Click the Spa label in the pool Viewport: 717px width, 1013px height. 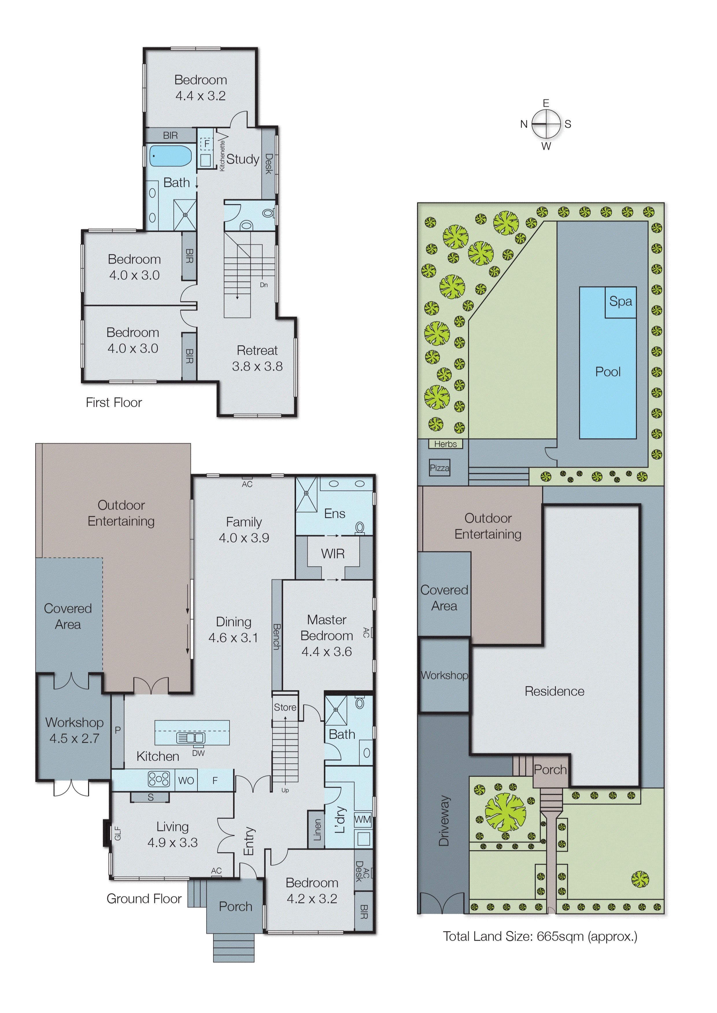[x=620, y=302]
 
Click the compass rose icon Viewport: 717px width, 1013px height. [x=546, y=124]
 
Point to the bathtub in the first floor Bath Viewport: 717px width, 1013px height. [x=170, y=156]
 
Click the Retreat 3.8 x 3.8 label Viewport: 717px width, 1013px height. [x=257, y=358]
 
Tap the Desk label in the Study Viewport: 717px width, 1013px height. [x=268, y=164]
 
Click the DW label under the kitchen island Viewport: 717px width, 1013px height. [x=198, y=753]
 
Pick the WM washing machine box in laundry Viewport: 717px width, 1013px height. [x=363, y=819]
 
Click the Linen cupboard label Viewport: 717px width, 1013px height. [x=317, y=830]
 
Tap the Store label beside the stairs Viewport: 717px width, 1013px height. [x=285, y=707]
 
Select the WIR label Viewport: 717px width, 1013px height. [x=333, y=554]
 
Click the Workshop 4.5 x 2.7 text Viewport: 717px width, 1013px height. [x=74, y=730]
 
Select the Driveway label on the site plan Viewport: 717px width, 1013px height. [x=444, y=820]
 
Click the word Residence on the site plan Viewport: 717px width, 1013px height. [x=554, y=691]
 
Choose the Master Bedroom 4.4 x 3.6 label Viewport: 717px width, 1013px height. [x=327, y=635]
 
